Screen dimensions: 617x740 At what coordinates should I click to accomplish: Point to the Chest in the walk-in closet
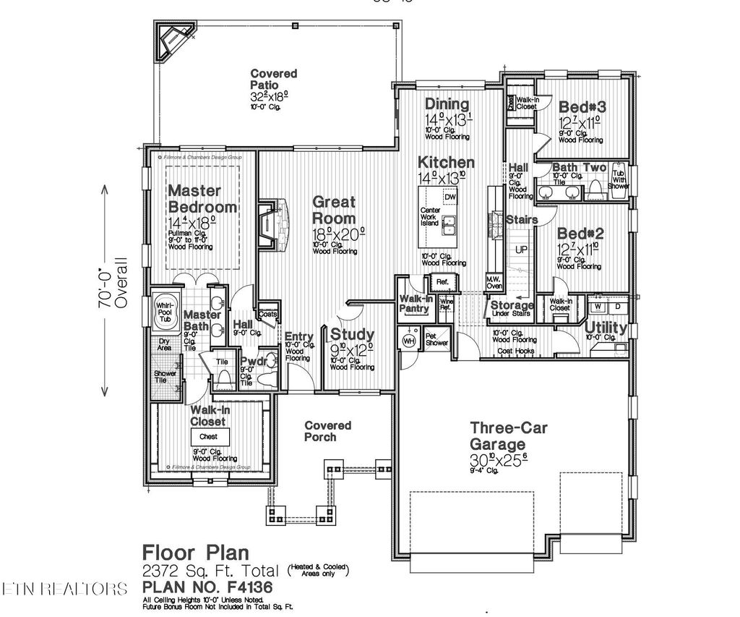(x=209, y=437)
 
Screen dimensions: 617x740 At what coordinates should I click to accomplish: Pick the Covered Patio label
(x=273, y=79)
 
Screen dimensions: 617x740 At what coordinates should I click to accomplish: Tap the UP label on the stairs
(x=520, y=250)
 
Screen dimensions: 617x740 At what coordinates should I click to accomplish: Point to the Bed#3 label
(x=582, y=107)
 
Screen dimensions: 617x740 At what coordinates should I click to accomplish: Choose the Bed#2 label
(x=580, y=234)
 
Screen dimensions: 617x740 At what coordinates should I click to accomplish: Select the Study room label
(x=353, y=334)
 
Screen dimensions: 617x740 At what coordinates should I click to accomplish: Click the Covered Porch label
(x=327, y=431)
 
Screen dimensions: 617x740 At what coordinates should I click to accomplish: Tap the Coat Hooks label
(x=515, y=352)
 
